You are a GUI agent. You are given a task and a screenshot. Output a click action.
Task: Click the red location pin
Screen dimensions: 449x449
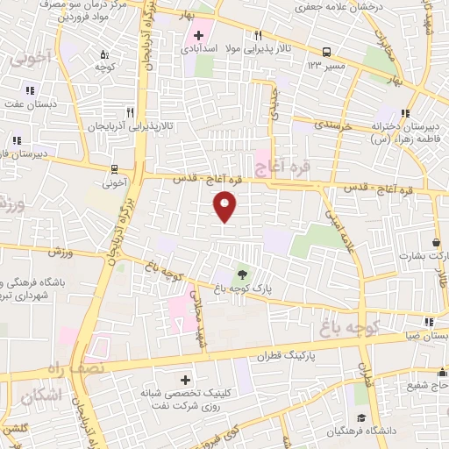[226, 204]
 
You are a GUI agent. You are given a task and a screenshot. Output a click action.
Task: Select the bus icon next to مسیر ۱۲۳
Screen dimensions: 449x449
[326, 52]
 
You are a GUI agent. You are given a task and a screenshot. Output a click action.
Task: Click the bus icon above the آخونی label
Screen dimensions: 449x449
[114, 169]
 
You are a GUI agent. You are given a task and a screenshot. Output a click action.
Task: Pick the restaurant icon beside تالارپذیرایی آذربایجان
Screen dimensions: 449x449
[131, 112]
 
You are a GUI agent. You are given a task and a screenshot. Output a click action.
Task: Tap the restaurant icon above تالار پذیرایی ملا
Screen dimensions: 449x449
[257, 36]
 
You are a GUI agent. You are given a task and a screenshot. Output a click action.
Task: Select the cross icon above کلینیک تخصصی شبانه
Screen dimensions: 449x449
[184, 381]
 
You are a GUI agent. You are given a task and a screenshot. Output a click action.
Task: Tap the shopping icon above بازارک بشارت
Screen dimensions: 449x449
[436, 242]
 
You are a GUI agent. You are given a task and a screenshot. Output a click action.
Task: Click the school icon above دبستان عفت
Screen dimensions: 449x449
[30, 90]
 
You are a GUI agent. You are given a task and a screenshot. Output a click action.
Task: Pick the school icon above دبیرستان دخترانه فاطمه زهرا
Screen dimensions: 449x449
[405, 113]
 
